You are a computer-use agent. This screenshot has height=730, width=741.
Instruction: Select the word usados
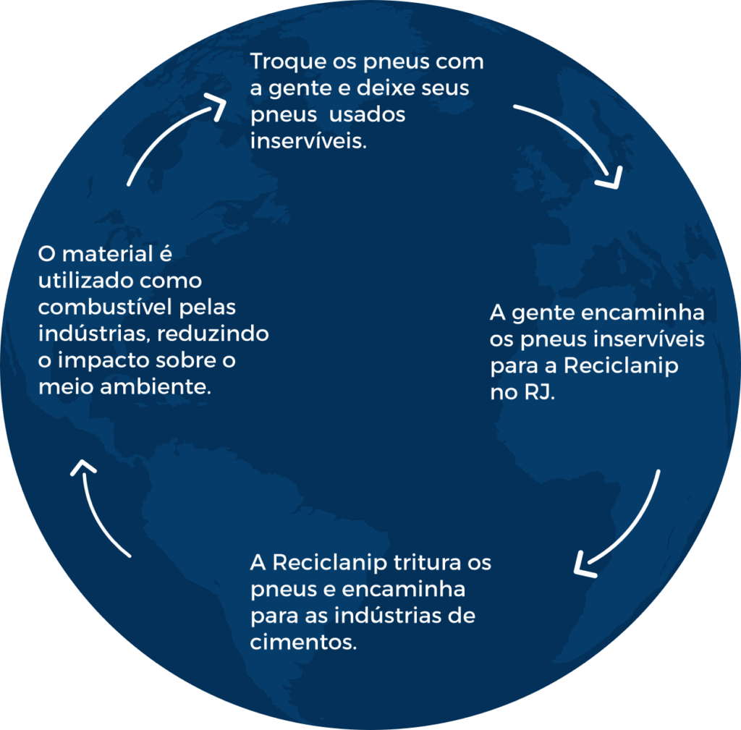coord(368,116)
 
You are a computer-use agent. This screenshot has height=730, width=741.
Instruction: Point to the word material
coord(109,254)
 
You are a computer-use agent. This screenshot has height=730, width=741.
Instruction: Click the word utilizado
coord(80,280)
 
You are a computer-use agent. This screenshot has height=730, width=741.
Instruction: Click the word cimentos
coord(304,642)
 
